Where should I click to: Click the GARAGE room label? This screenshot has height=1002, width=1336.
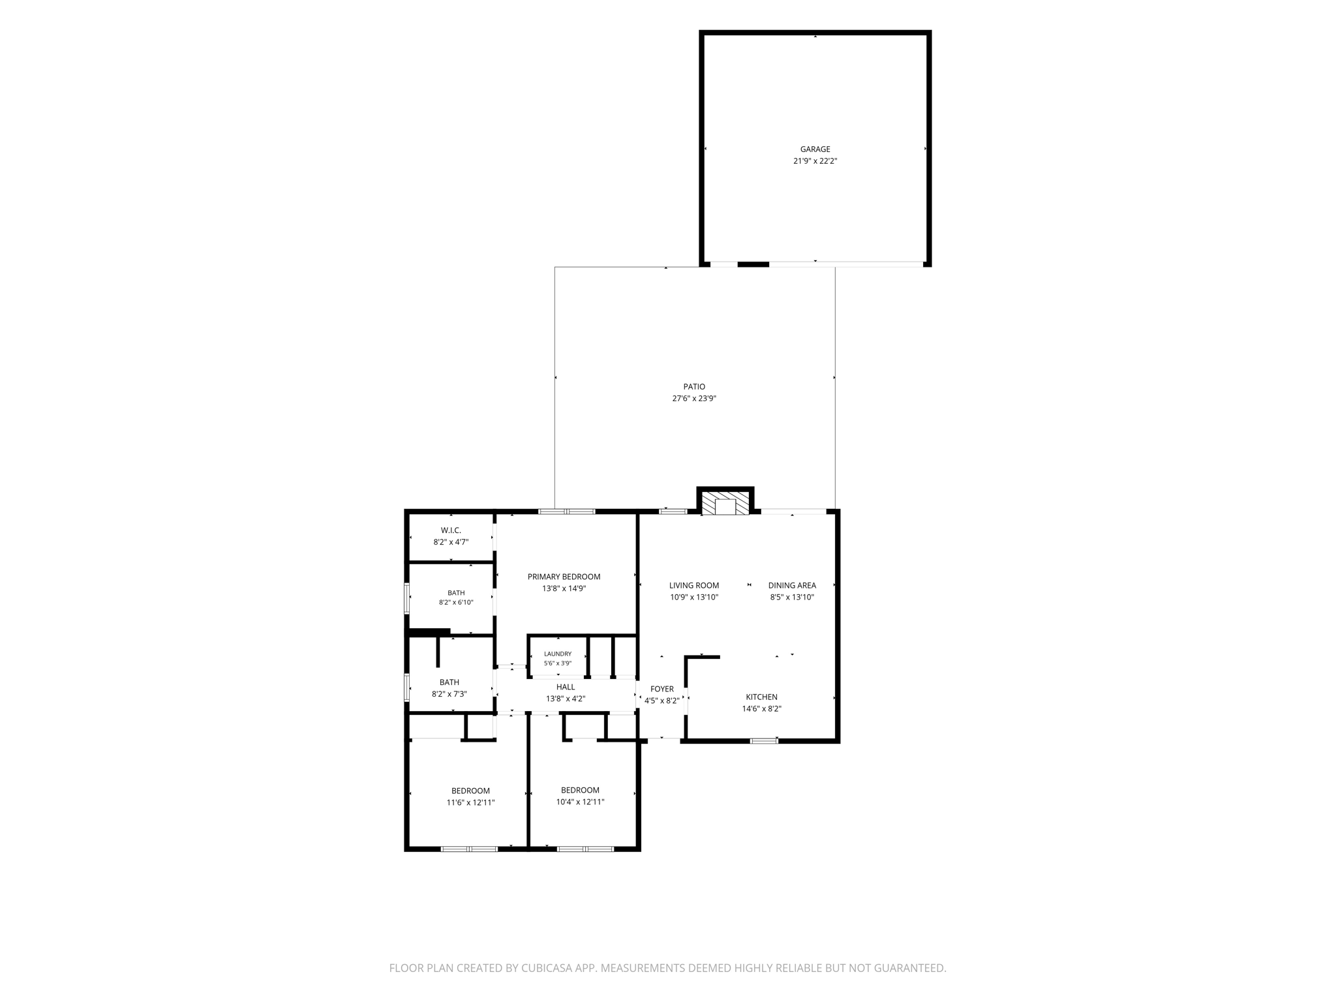tap(815, 149)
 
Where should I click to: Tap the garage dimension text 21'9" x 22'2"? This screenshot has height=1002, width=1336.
tap(815, 161)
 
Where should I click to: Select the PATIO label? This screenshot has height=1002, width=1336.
tap(694, 387)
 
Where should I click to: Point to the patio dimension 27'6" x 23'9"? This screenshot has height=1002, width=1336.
tap(694, 399)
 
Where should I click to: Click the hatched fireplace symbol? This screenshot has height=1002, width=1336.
tap(725, 503)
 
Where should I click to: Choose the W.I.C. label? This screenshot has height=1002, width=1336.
tap(451, 530)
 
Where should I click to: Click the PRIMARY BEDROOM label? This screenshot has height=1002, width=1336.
tap(564, 577)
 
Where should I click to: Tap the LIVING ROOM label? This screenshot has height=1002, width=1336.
tap(694, 585)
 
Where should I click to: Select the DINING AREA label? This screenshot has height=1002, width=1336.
tap(792, 585)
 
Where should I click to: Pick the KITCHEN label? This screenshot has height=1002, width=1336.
tap(761, 697)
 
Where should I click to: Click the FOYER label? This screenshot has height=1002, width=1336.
tap(661, 689)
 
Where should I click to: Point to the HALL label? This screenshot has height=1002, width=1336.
tap(566, 687)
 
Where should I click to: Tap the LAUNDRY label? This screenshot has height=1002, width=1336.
tap(558, 654)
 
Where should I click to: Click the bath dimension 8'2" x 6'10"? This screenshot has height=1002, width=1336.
tap(456, 603)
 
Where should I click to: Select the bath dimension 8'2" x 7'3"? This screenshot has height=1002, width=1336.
tap(449, 694)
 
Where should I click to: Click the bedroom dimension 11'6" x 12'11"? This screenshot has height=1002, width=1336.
tap(470, 803)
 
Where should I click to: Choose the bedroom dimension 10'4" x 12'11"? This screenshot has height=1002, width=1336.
tap(580, 802)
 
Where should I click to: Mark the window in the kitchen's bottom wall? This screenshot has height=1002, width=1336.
tap(764, 740)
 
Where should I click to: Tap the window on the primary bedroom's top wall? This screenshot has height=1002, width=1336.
tap(567, 511)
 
